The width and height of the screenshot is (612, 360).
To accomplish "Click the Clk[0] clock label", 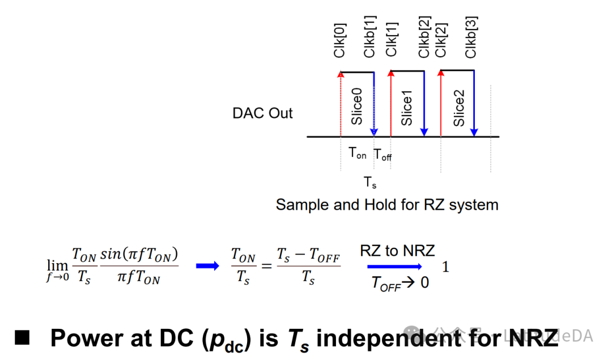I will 340,40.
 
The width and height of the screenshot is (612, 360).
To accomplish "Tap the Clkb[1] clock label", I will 369,40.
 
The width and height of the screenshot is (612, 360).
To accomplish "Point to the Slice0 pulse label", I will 357,106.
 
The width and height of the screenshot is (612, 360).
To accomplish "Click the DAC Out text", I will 262,113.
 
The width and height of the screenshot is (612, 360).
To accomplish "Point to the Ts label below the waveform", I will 369,183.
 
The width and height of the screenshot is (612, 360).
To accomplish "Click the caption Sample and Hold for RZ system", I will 387,205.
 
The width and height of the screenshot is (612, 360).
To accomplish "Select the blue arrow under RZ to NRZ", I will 394,266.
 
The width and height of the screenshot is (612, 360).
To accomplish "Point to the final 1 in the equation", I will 445,266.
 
